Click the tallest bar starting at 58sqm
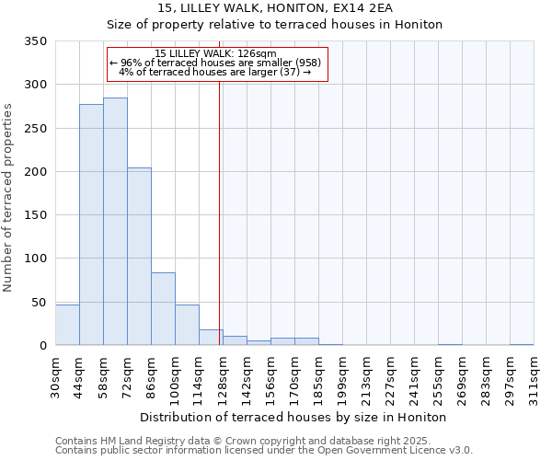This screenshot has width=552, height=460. coord(115,221)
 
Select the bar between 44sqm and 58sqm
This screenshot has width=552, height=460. coord(91,224)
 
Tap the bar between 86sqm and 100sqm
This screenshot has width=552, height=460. coord(163,308)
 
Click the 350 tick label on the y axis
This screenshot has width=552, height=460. coord(35,41)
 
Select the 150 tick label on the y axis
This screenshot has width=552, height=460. coord(35,215)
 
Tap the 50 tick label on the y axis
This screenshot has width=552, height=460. coord(38,302)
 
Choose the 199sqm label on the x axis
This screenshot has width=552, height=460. coord(343,376)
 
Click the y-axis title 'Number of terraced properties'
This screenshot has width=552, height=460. coord(9,197)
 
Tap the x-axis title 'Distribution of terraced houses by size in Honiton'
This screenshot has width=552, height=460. coord(294,417)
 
